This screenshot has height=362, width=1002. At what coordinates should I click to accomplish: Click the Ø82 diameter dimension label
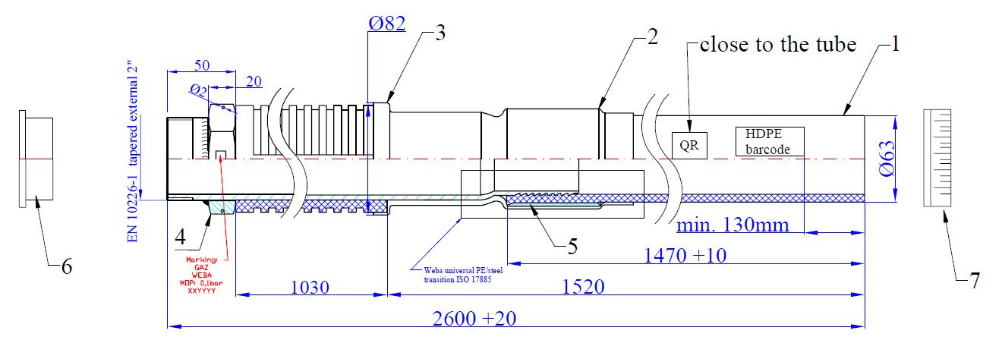[387, 24]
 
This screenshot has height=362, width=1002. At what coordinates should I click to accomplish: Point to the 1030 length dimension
[311, 287]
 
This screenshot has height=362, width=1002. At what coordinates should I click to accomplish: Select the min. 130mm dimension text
[733, 225]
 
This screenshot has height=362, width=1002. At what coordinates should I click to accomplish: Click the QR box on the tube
[689, 145]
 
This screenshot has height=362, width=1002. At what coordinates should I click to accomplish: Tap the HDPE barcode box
[770, 141]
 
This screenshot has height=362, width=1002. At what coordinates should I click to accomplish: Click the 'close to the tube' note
[778, 45]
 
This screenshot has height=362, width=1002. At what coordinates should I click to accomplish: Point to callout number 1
[895, 45]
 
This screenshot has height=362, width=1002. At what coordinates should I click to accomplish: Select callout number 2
[651, 38]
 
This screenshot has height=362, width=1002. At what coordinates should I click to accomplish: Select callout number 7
[974, 280]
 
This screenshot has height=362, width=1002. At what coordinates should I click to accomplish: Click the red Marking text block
[200, 274]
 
